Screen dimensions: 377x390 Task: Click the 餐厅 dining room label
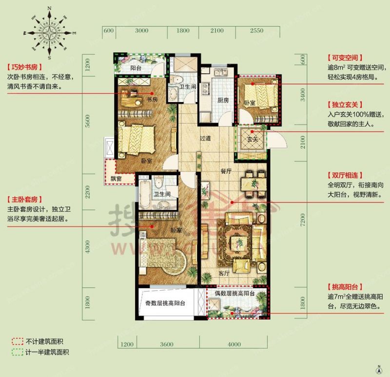(225, 171)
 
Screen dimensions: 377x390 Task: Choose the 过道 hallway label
(205, 138)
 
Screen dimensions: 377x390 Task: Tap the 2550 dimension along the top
(256, 31)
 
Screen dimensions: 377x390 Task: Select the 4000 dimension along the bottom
(234, 344)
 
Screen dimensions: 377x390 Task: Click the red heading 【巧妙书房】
(23, 67)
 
